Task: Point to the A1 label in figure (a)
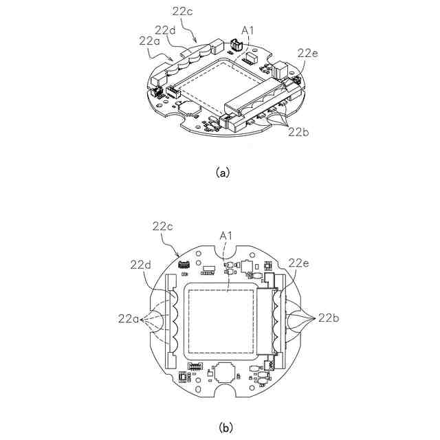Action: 247,30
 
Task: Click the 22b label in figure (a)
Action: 300,131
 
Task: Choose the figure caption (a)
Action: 221,173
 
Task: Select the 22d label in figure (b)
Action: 141,263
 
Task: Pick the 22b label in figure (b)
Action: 327,318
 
